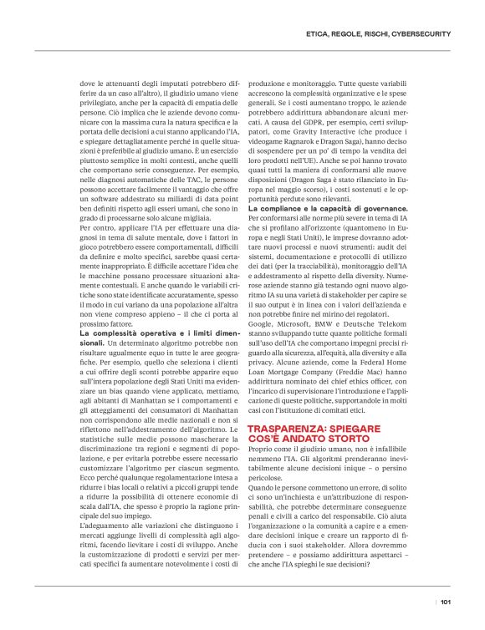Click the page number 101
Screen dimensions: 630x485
pyautogui.click(x=446, y=601)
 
